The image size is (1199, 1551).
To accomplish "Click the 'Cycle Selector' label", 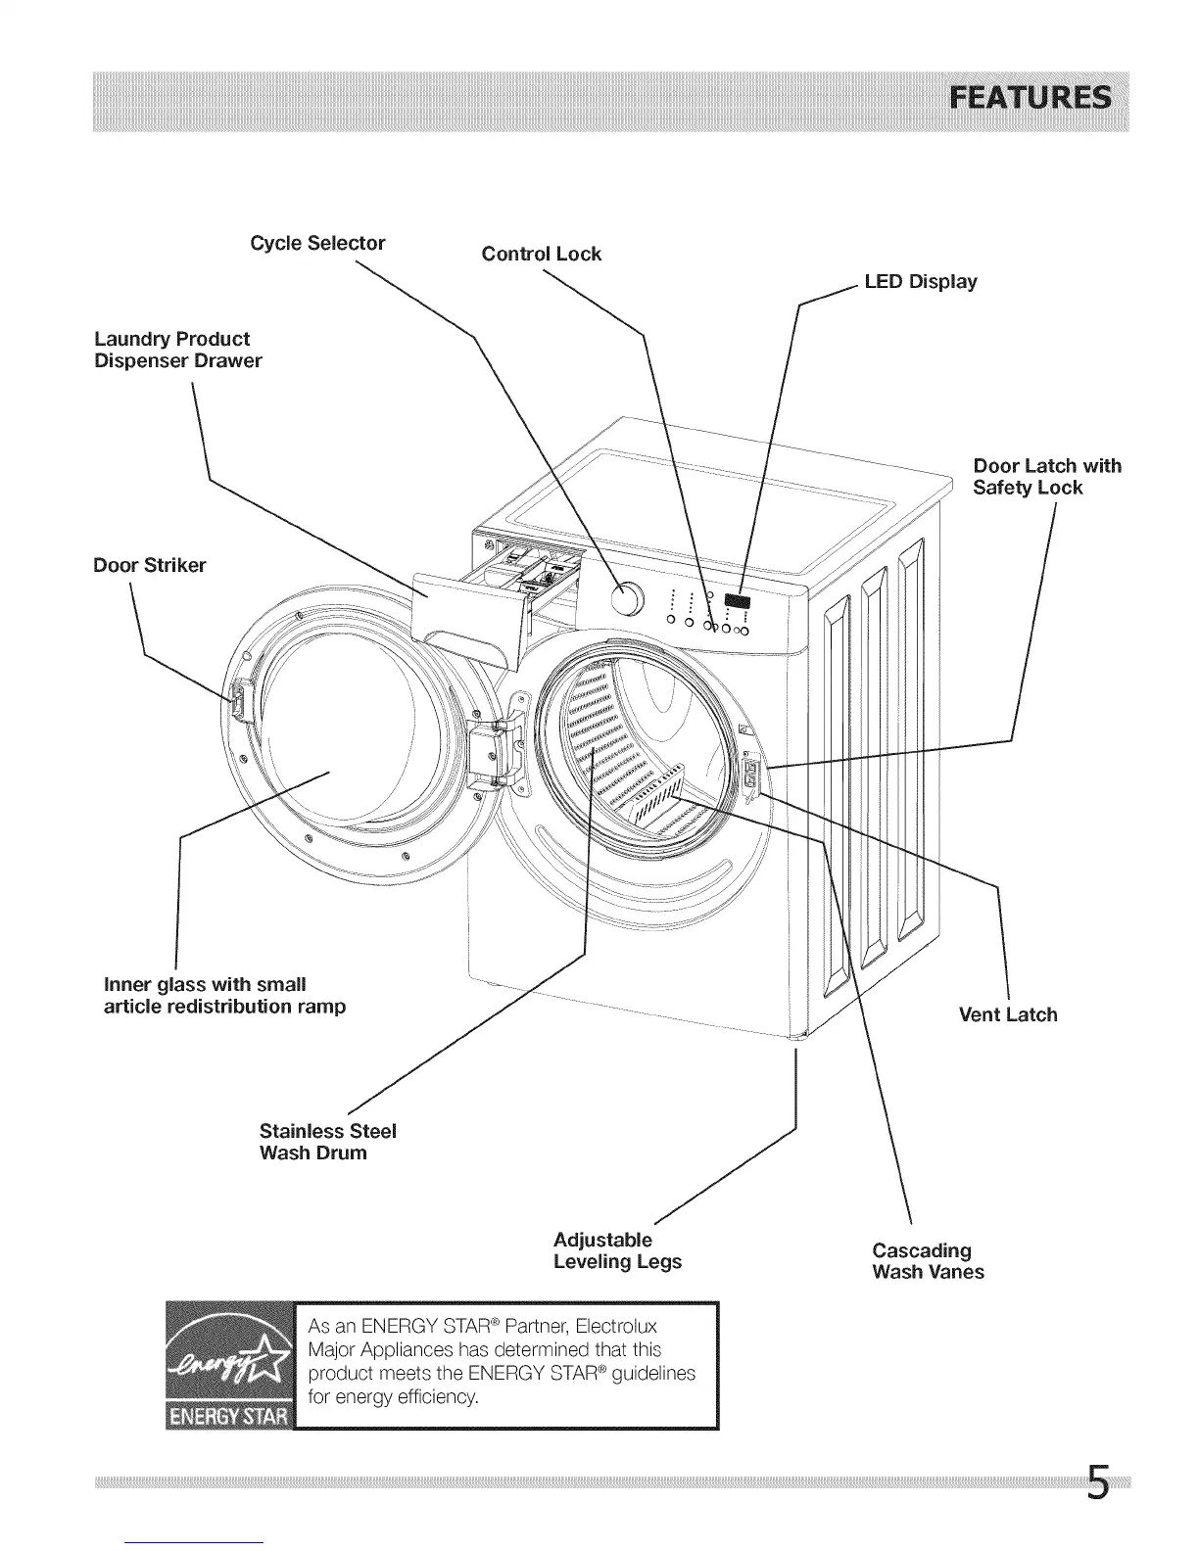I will coord(317,243).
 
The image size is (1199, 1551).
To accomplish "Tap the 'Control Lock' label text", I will coord(541,254).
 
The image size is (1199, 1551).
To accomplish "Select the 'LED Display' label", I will coord(920,282).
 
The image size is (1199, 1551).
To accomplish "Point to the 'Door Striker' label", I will coord(149,566).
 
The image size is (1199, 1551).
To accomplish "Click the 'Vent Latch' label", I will coord(1007,1014).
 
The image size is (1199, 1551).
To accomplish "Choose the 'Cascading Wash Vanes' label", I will coord(928,1261).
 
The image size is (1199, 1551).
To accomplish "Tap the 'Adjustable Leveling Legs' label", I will coord(617,1250).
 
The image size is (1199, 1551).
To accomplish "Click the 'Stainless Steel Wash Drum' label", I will coord(327,1142).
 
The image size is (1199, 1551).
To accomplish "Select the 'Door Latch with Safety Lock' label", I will coord(1046,477).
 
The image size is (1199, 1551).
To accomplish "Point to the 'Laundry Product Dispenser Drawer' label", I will coord(177,350).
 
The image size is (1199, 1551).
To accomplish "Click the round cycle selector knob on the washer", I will coord(627,599).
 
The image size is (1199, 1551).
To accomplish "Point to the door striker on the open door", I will coord(235,697).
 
